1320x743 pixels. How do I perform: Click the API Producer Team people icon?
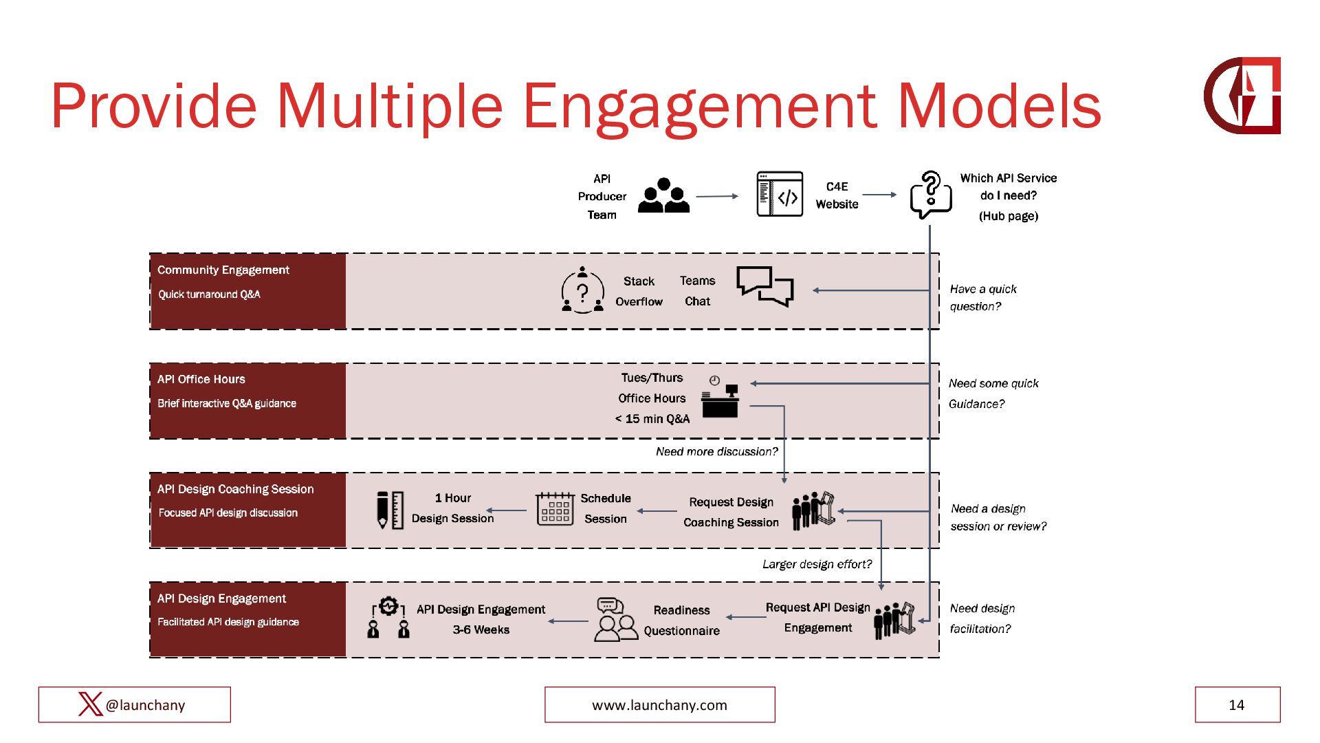click(663, 196)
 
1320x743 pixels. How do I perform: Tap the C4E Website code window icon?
click(780, 195)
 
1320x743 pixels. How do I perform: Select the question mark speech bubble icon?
click(930, 195)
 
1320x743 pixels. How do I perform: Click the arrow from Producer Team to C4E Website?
click(717, 196)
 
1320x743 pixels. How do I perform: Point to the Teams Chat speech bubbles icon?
click(764, 286)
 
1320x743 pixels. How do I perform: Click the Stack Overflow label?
click(639, 291)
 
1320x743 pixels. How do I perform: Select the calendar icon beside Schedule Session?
click(555, 509)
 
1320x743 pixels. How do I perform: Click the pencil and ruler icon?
click(390, 510)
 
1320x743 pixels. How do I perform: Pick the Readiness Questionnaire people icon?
click(615, 620)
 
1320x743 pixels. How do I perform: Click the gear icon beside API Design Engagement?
click(388, 607)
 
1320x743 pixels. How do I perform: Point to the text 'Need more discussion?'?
click(716, 451)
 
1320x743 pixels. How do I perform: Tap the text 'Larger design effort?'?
click(817, 564)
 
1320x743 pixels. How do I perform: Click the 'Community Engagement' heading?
click(223, 270)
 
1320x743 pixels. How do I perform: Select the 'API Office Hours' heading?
click(201, 379)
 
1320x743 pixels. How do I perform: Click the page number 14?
click(1236, 704)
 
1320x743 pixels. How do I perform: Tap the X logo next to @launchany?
click(90, 704)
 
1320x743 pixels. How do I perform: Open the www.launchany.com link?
click(659, 704)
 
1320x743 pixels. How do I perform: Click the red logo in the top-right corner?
click(1242, 96)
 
